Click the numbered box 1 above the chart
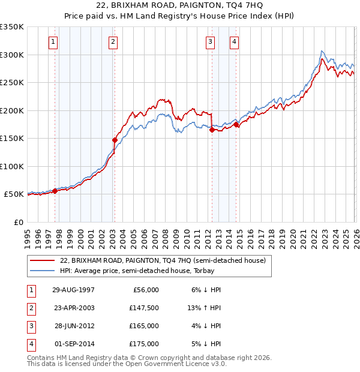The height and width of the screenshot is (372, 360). point(54,41)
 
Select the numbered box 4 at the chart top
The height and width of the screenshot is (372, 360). point(234,41)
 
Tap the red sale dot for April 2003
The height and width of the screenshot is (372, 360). point(115,140)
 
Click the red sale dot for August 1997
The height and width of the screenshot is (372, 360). point(55,191)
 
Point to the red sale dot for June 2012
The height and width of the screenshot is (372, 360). point(212,130)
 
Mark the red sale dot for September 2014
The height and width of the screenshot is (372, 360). point(236,124)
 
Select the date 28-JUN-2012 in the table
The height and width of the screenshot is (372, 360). point(73,326)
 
